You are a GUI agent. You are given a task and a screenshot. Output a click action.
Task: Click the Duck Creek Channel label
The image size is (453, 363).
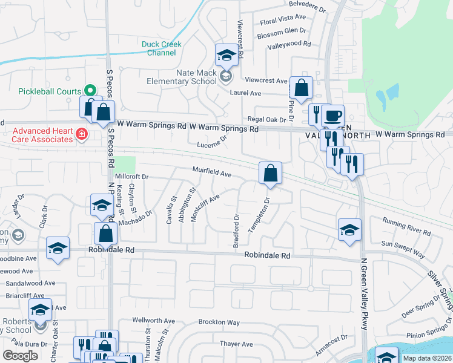point(159,48)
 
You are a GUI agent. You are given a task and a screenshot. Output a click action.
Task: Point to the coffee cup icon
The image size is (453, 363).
point(331,116)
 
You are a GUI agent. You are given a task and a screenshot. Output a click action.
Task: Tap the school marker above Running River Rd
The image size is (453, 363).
point(349,230)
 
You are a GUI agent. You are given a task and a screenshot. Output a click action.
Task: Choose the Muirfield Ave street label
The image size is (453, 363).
point(212,174)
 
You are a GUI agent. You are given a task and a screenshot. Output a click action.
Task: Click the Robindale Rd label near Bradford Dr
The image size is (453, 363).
point(267,256)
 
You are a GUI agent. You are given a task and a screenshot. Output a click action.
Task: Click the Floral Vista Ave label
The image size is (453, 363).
point(283,21)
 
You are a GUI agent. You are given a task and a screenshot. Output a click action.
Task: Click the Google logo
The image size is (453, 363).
point(20,355)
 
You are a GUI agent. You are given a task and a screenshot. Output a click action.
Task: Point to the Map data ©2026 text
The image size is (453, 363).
point(426,358)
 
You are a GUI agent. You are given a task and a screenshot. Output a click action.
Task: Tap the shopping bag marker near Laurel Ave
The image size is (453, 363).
point(301,88)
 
